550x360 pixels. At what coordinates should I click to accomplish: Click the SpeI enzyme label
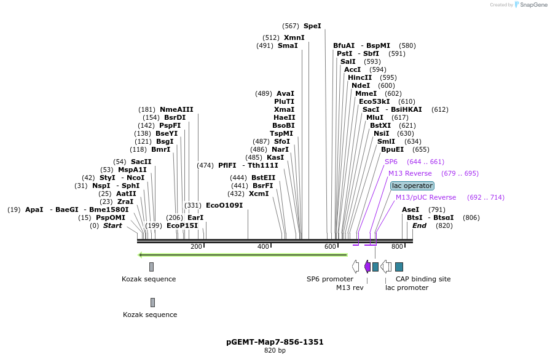pos(312,26)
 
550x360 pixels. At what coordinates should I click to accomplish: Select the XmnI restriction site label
pos(294,37)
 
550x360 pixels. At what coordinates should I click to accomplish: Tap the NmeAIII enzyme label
pos(176,109)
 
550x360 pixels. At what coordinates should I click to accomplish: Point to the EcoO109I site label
pos(224,205)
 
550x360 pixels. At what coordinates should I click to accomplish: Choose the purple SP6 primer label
pos(391,162)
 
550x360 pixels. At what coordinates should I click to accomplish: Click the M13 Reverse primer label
pos(410,173)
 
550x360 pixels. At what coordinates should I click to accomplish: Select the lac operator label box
pos(412,186)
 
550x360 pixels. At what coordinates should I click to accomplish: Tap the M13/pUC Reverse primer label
pos(426,197)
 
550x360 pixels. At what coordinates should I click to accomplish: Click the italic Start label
pos(112,225)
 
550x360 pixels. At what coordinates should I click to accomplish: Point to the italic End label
pos(419,225)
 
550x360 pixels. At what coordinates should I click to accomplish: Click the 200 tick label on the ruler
pos(196,246)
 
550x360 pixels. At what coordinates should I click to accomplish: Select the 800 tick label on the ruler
pos(397,246)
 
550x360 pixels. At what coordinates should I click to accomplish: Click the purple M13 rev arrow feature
pos(367,266)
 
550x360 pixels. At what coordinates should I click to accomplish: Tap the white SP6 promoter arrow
pos(356,266)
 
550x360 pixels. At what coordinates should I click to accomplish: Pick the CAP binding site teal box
pos(399,267)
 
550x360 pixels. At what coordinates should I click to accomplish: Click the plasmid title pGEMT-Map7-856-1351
pos(275,342)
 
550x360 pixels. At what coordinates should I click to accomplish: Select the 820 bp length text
pos(275,351)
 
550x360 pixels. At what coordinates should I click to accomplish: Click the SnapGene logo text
pos(530,4)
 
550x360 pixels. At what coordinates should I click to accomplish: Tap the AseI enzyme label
pos(411,209)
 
